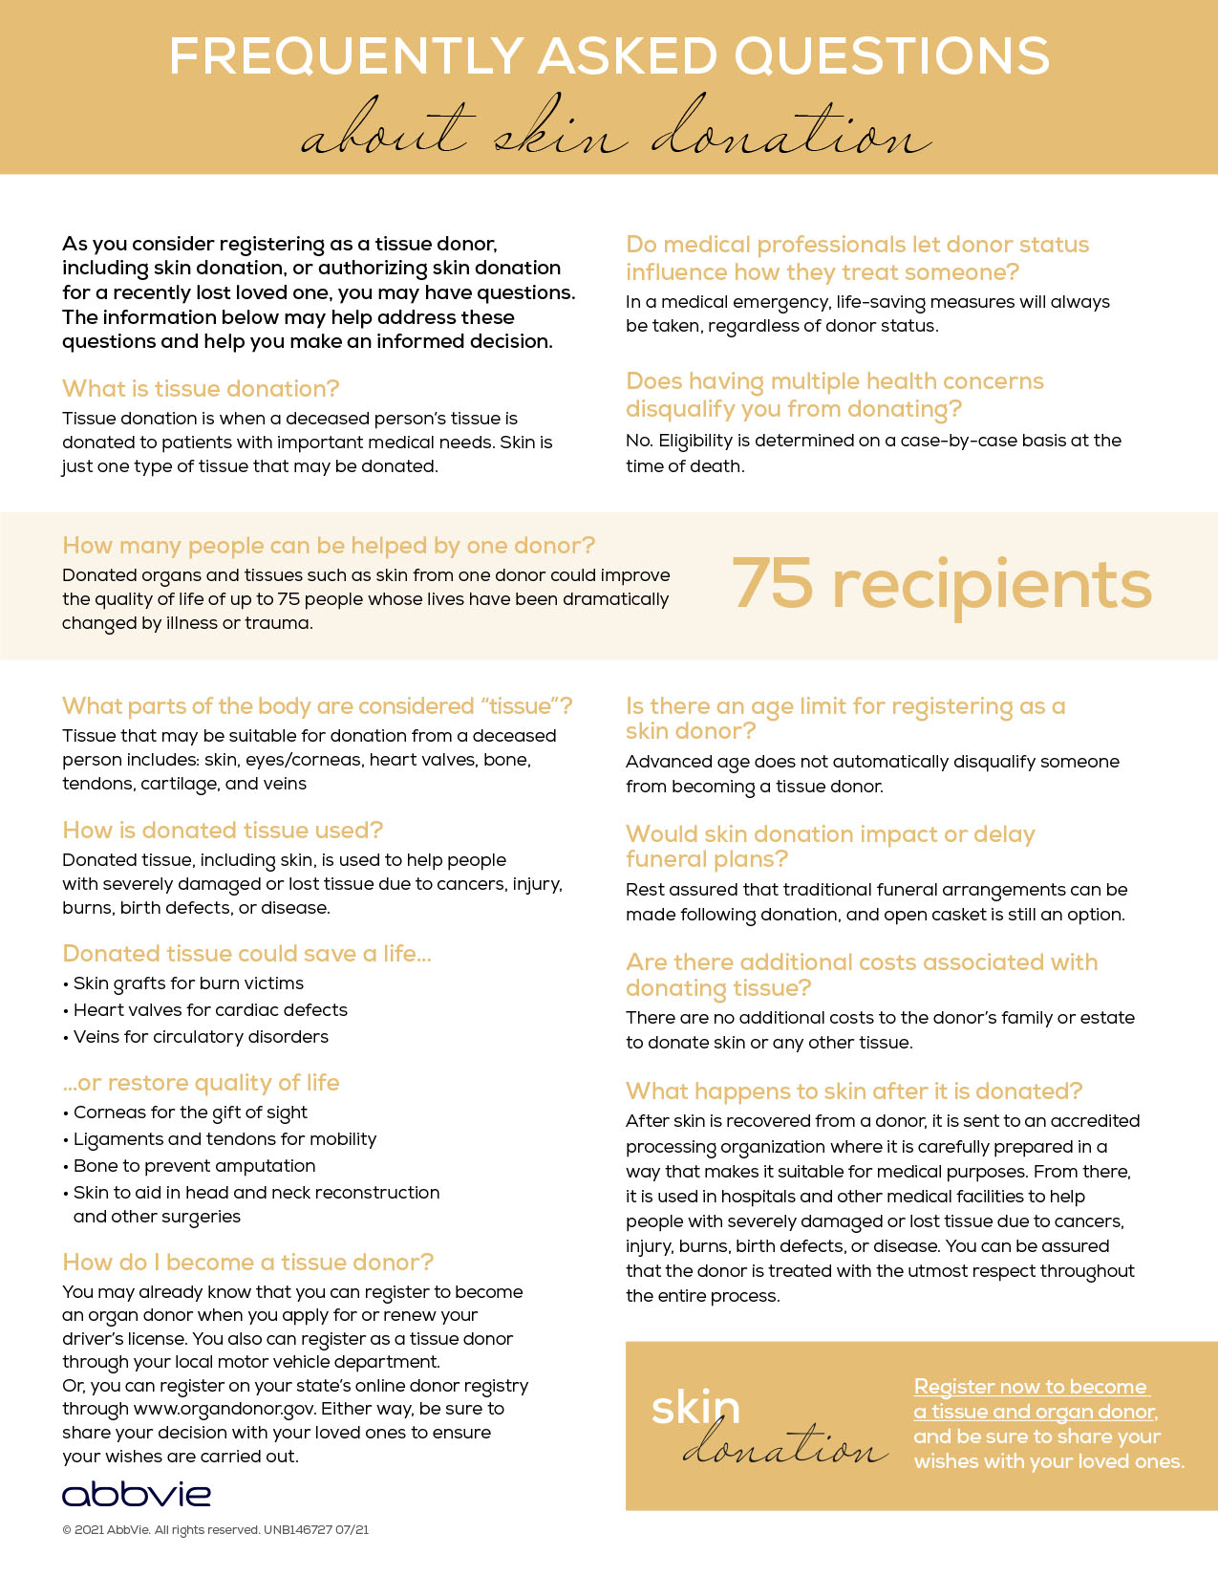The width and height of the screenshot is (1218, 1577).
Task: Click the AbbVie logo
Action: pos(136,1494)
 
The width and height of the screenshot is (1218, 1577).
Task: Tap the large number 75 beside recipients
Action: pos(772,584)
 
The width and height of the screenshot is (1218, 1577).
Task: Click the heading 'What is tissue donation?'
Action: pos(201,389)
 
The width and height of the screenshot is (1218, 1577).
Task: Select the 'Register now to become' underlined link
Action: pos(1031,1387)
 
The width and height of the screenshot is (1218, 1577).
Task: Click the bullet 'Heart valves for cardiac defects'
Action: pos(210,1010)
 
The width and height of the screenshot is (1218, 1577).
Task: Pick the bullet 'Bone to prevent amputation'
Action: pos(194,1166)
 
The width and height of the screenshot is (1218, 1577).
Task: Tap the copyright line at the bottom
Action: pos(215,1530)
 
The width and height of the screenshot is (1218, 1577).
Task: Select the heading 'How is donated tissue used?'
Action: pos(223,831)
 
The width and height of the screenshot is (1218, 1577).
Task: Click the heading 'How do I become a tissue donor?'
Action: pos(248,1263)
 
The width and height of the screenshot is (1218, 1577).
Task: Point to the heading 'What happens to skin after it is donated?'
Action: pos(854,1091)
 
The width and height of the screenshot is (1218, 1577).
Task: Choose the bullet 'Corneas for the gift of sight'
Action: pos(190,1113)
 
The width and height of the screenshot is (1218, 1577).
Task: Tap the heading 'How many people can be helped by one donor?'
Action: pos(329,546)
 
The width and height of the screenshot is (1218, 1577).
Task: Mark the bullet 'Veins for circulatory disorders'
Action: pos(201,1037)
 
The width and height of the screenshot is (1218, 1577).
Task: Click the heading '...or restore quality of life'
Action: pos(201,1083)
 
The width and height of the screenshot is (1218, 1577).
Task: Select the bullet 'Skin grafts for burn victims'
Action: pos(188,983)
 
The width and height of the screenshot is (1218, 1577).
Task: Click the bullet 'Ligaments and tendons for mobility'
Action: pos(224,1139)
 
